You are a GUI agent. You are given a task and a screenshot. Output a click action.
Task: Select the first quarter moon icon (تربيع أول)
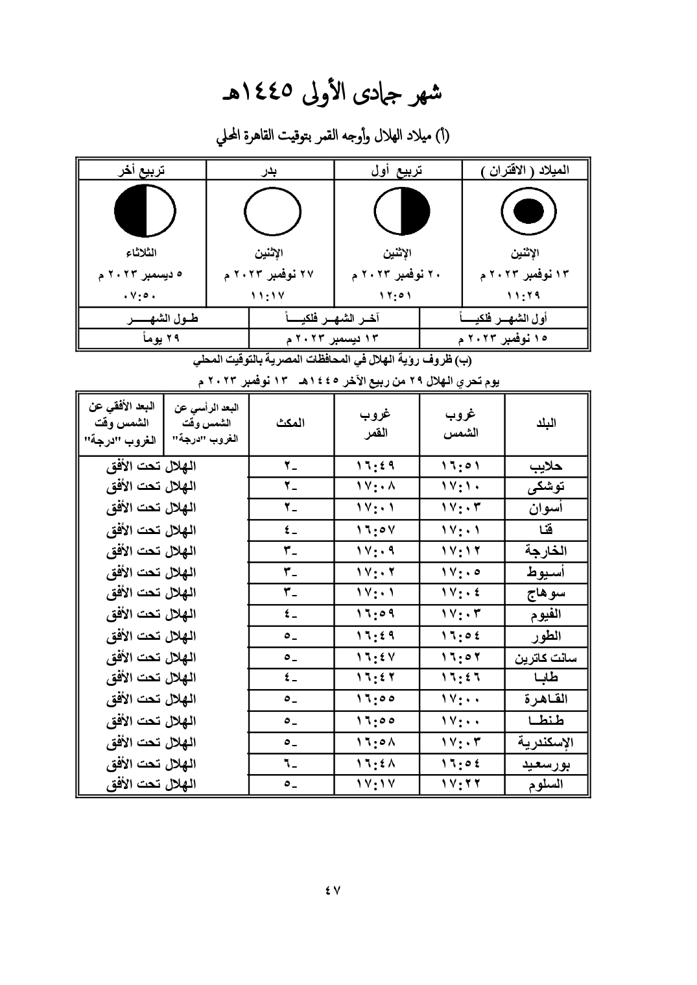(401, 212)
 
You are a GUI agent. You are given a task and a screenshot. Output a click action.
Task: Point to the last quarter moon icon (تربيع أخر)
(144, 212)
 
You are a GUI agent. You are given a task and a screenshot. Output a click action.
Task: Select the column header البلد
(546, 423)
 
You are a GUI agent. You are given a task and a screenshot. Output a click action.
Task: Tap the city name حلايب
(546, 466)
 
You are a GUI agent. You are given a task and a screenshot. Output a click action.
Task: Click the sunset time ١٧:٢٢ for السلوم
(462, 784)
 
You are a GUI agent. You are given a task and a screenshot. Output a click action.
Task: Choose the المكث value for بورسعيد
(291, 763)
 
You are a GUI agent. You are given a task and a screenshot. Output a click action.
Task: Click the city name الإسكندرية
(546, 742)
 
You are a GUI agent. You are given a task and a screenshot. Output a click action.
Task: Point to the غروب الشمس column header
(462, 423)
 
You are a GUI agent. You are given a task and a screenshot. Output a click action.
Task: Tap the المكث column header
(291, 423)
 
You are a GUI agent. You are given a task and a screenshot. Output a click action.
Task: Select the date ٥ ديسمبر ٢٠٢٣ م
(141, 274)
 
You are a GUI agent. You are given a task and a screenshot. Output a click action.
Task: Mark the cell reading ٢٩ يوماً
(162, 338)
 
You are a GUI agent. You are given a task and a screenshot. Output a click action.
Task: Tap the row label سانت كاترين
(546, 657)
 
